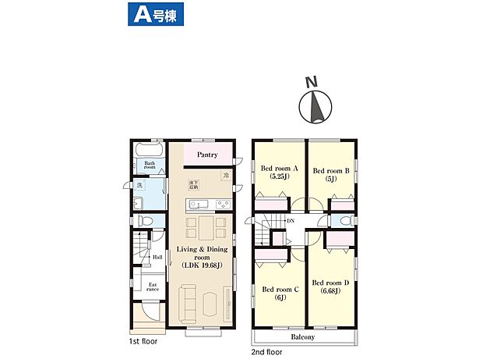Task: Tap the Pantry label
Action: point(206,155)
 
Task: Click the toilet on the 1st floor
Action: point(144,221)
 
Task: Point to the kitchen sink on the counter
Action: point(198,205)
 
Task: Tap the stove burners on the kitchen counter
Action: point(222,205)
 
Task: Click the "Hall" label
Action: point(157,257)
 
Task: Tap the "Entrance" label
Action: point(153,287)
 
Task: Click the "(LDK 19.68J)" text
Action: point(201,265)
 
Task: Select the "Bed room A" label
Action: point(277,168)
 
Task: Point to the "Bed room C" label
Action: point(278,287)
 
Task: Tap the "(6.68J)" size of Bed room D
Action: point(330,291)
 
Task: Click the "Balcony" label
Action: point(303,337)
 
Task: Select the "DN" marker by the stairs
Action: point(290,222)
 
